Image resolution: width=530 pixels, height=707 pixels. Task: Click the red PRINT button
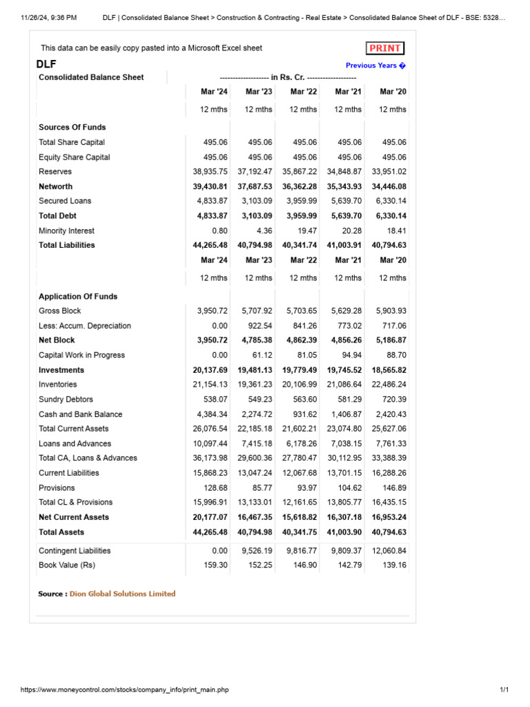pos(385,48)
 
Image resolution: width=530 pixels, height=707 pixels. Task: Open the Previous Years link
pos(375,66)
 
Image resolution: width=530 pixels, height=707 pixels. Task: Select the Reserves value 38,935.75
pos(210,171)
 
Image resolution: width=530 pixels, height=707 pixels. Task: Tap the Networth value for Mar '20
pos(389,186)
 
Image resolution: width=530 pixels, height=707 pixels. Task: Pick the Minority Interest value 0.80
pos(219,231)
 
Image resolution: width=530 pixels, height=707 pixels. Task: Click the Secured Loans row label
pos(65,201)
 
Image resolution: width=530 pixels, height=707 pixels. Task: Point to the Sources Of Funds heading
pos(72,127)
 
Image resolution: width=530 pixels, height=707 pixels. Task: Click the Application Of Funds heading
pos(78,296)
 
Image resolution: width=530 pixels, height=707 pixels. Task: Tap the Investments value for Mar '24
pos(210,370)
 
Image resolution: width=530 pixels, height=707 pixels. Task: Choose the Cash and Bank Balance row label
pos(80,414)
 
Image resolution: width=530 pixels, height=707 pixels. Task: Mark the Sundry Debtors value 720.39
pos(393,399)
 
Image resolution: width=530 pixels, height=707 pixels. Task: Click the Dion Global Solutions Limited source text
pos(122,594)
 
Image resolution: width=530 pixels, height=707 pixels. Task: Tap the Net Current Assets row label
pos(73,517)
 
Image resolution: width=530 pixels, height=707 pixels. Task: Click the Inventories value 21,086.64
pos(344,385)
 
